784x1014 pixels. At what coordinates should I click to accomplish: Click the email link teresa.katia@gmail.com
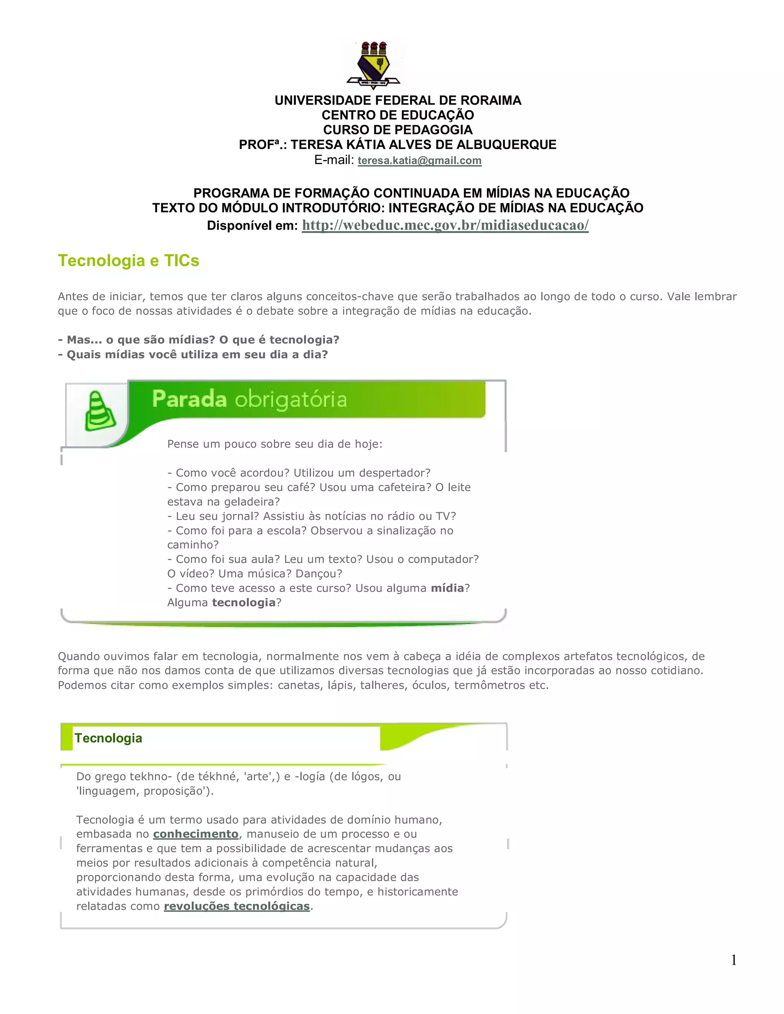(x=420, y=161)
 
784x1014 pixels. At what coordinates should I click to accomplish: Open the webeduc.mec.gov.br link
(x=445, y=225)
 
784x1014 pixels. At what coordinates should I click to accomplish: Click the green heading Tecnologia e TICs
(x=128, y=261)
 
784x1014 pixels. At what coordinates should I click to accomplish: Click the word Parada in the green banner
(x=189, y=399)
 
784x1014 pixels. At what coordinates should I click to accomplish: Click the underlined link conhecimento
(x=196, y=834)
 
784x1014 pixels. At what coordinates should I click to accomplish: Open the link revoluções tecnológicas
(x=237, y=906)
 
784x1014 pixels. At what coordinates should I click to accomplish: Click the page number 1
(x=734, y=960)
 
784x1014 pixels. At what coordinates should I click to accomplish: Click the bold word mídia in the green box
(x=447, y=588)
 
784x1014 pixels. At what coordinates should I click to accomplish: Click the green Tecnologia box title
(x=108, y=738)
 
